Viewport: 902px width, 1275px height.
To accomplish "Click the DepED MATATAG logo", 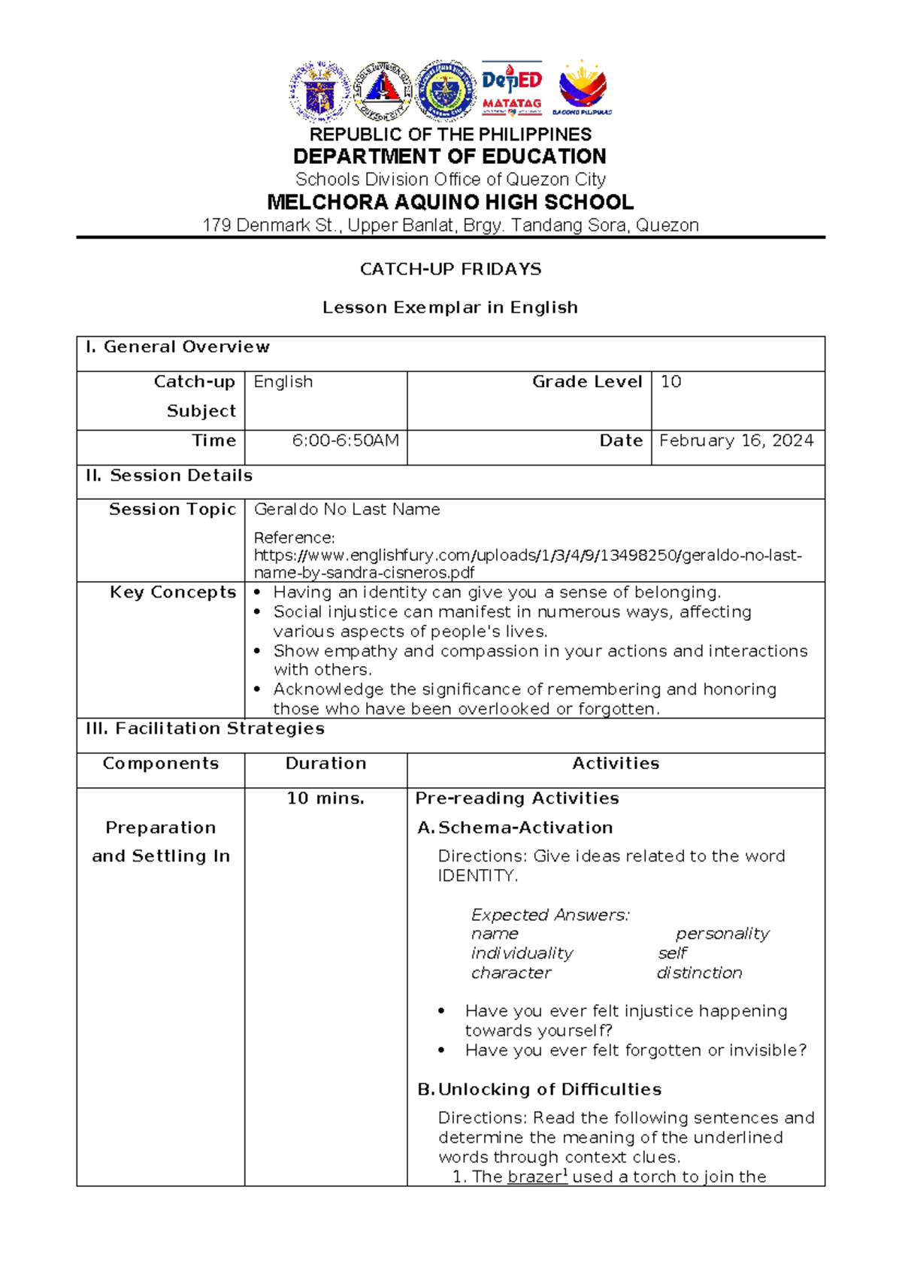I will (x=511, y=89).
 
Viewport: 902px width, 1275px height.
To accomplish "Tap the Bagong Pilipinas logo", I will (x=583, y=89).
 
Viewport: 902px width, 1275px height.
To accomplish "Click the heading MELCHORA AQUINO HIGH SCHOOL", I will (x=450, y=202).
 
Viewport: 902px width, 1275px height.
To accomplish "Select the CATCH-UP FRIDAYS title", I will (x=450, y=269).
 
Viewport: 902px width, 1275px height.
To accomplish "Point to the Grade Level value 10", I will (x=670, y=382).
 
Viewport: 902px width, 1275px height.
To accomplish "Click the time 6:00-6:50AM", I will (x=346, y=441).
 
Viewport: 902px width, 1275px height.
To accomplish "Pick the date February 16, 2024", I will (x=736, y=441).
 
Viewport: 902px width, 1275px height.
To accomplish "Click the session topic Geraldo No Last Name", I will (x=347, y=510).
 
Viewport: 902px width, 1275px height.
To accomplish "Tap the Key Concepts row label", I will (x=173, y=592).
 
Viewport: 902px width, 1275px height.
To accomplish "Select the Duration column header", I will (x=325, y=764).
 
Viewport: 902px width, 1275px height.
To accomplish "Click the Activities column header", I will (x=616, y=764).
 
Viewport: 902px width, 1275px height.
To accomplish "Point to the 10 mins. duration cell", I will (x=325, y=798).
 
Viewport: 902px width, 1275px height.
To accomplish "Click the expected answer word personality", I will (x=722, y=934).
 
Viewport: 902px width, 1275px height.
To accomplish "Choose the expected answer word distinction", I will (x=699, y=973).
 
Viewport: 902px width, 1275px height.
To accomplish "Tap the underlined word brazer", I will (x=534, y=1177).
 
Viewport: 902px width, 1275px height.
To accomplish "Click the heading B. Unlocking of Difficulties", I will (x=539, y=1089).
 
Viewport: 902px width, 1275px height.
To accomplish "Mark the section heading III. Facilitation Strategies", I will (x=204, y=728).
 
